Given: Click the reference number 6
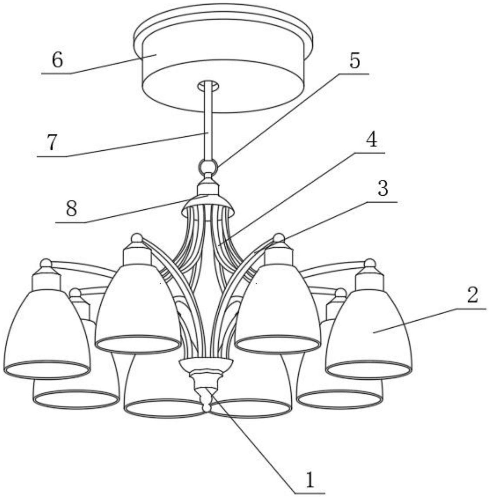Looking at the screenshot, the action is [57, 61].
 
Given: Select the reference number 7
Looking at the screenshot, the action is [52, 143].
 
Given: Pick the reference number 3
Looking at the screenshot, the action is [383, 188].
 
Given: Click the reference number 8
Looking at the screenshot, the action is [71, 209].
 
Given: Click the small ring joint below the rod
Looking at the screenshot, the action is [208, 166].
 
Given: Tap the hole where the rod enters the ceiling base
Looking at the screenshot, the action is [208, 86].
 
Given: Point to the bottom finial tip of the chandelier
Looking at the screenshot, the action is [206, 407].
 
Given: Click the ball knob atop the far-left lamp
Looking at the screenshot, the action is [46, 263].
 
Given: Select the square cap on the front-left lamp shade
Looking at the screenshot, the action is [137, 255].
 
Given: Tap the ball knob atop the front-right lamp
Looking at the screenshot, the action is [278, 237].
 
